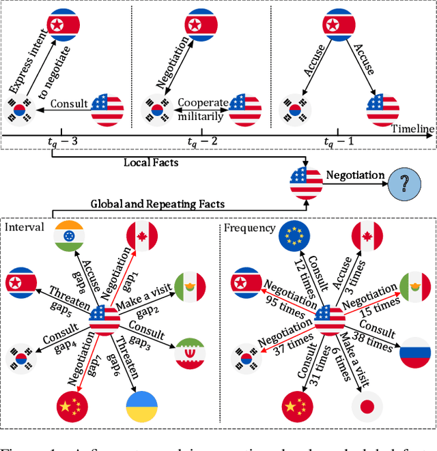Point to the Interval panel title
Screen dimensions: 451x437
point(25,227)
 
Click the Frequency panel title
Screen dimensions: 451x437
point(250,227)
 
